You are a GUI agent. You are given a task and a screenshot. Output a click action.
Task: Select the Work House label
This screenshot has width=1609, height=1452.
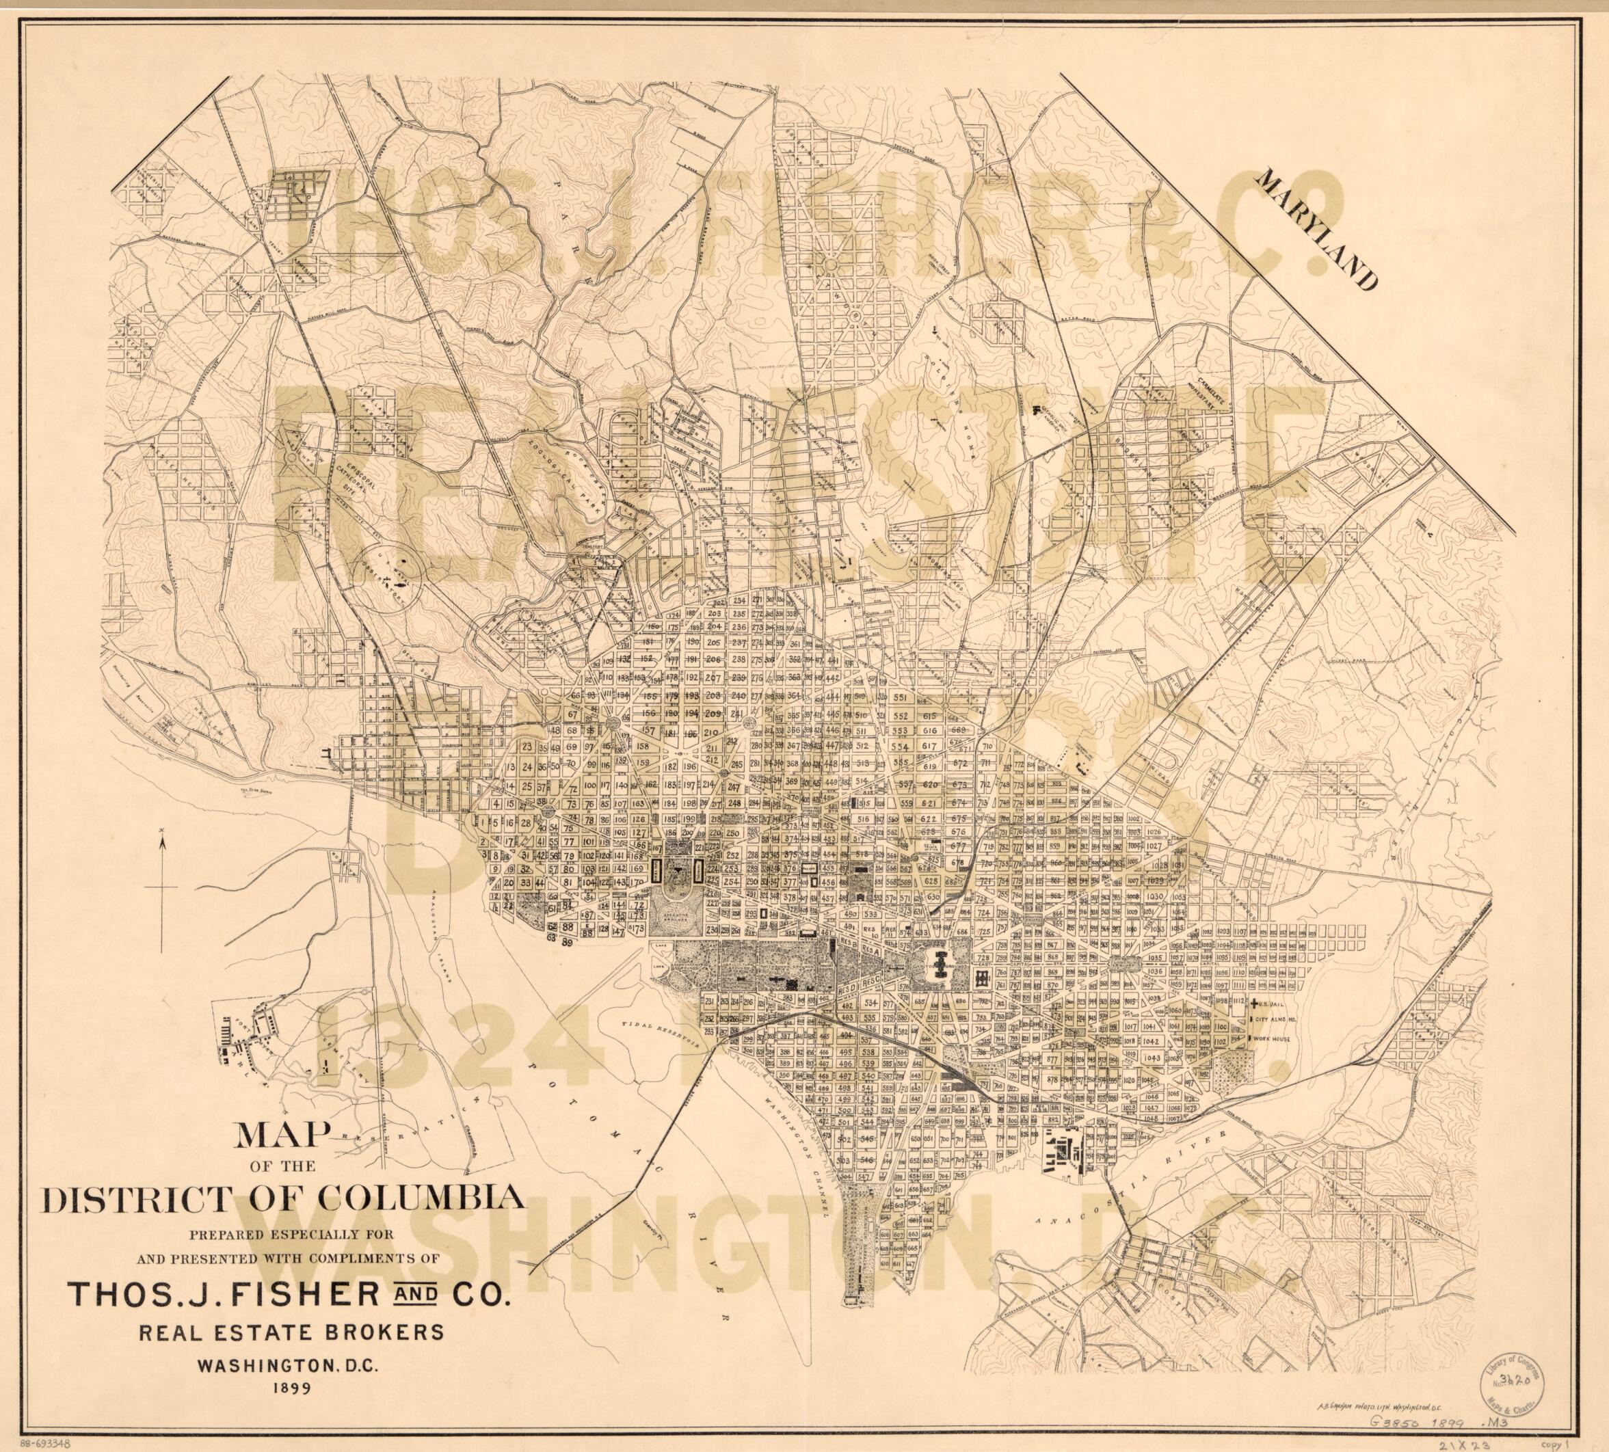[1271, 1040]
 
